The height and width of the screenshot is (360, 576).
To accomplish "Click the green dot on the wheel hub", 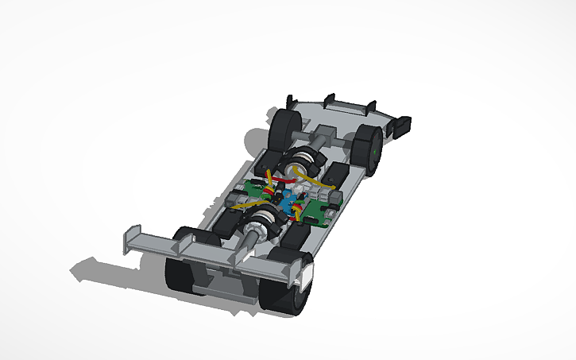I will (x=374, y=146).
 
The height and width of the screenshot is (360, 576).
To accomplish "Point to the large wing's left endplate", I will (x=126, y=242).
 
